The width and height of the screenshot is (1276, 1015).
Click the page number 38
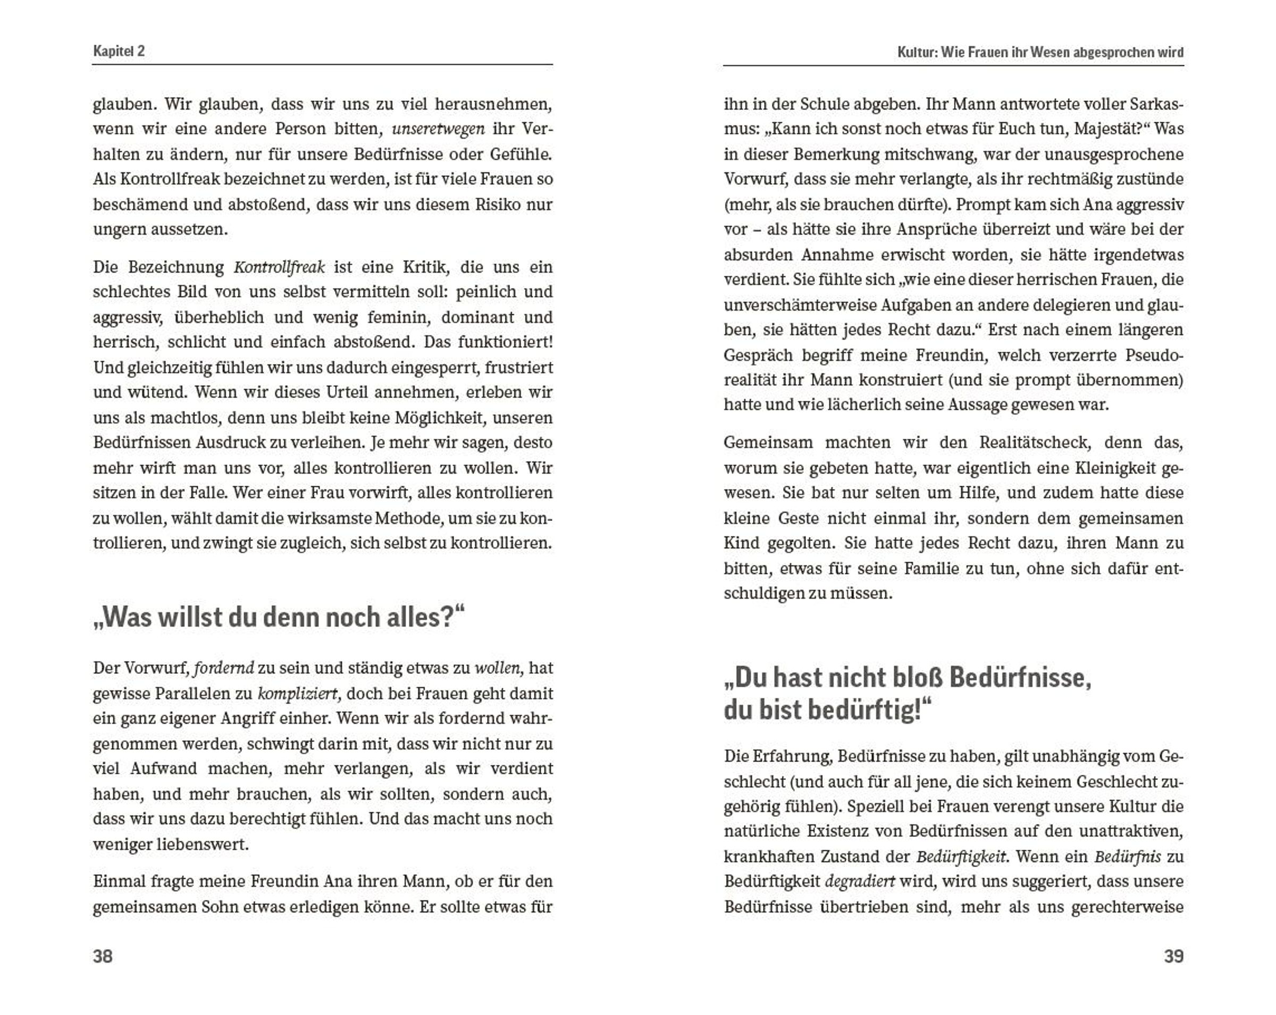pyautogui.click(x=103, y=957)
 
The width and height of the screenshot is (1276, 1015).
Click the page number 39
pyautogui.click(x=1173, y=957)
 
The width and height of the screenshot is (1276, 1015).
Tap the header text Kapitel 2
pyautogui.click(x=119, y=51)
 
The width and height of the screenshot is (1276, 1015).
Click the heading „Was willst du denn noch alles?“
pyautogui.click(x=279, y=617)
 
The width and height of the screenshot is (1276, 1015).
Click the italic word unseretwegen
pyautogui.click(x=439, y=129)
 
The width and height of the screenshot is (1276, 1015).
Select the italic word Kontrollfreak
pyautogui.click(x=279, y=267)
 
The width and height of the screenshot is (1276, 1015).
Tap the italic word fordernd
pyautogui.click(x=224, y=669)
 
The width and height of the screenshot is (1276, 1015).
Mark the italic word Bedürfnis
pyautogui.click(x=1128, y=857)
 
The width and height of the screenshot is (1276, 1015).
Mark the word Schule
pyautogui.click(x=832, y=104)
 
